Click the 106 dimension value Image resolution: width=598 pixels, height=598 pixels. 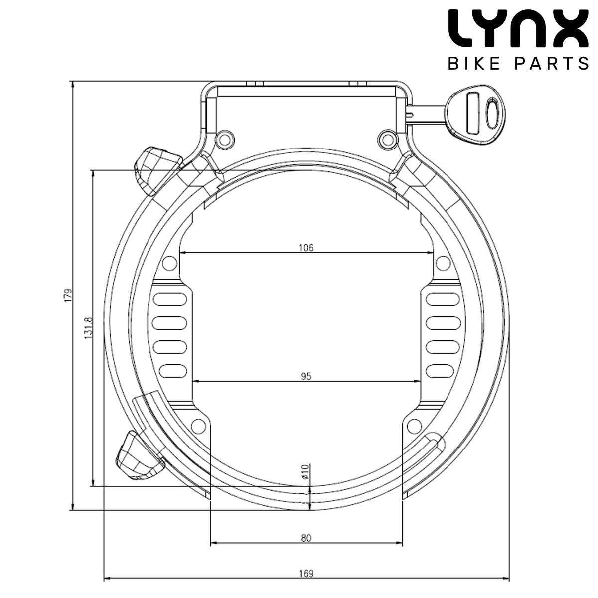tap(306, 247)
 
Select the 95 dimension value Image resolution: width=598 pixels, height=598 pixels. tap(306, 376)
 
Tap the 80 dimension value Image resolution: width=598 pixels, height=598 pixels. tap(306, 538)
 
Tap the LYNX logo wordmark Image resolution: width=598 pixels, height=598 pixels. tap(518, 29)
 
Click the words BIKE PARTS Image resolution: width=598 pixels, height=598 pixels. tap(518, 64)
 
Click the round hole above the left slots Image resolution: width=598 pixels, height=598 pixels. tap(170, 263)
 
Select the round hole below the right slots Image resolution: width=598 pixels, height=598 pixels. tap(414, 426)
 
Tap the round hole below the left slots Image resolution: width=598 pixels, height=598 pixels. tap(198, 426)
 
